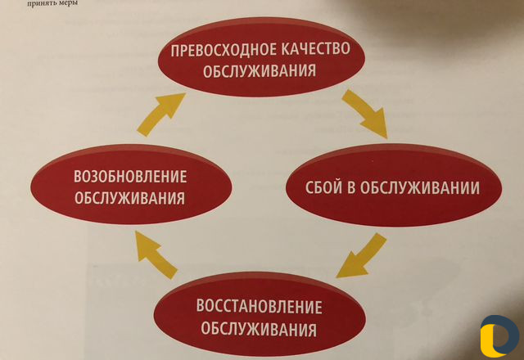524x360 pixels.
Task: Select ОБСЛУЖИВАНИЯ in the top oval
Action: click(x=260, y=71)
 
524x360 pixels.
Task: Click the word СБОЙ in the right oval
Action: click(x=324, y=187)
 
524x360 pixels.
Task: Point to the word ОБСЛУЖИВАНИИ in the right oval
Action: click(x=420, y=187)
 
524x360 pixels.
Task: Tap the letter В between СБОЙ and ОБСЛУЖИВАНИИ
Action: click(x=351, y=188)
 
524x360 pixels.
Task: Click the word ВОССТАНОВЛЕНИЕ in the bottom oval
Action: click(x=259, y=307)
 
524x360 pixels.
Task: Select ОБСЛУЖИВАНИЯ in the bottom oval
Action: click(x=259, y=329)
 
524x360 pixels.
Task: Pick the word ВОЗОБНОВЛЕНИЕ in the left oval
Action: click(x=130, y=177)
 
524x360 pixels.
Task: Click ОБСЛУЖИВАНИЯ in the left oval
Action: click(x=129, y=198)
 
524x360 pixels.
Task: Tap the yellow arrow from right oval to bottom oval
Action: click(x=362, y=256)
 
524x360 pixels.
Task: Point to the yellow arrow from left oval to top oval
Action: click(x=160, y=114)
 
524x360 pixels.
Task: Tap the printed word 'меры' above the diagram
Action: click(x=68, y=3)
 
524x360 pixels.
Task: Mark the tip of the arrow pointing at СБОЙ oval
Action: click(x=387, y=138)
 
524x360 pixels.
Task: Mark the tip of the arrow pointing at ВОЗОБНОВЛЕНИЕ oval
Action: click(x=136, y=232)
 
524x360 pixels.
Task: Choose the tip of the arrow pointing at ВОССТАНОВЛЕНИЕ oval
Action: click(x=337, y=277)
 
